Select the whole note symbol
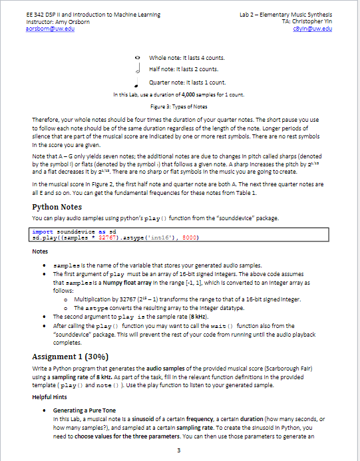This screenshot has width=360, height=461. (x=136, y=59)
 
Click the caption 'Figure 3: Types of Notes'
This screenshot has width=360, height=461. (x=180, y=106)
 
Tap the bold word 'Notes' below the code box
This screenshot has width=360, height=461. (x=40, y=251)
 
